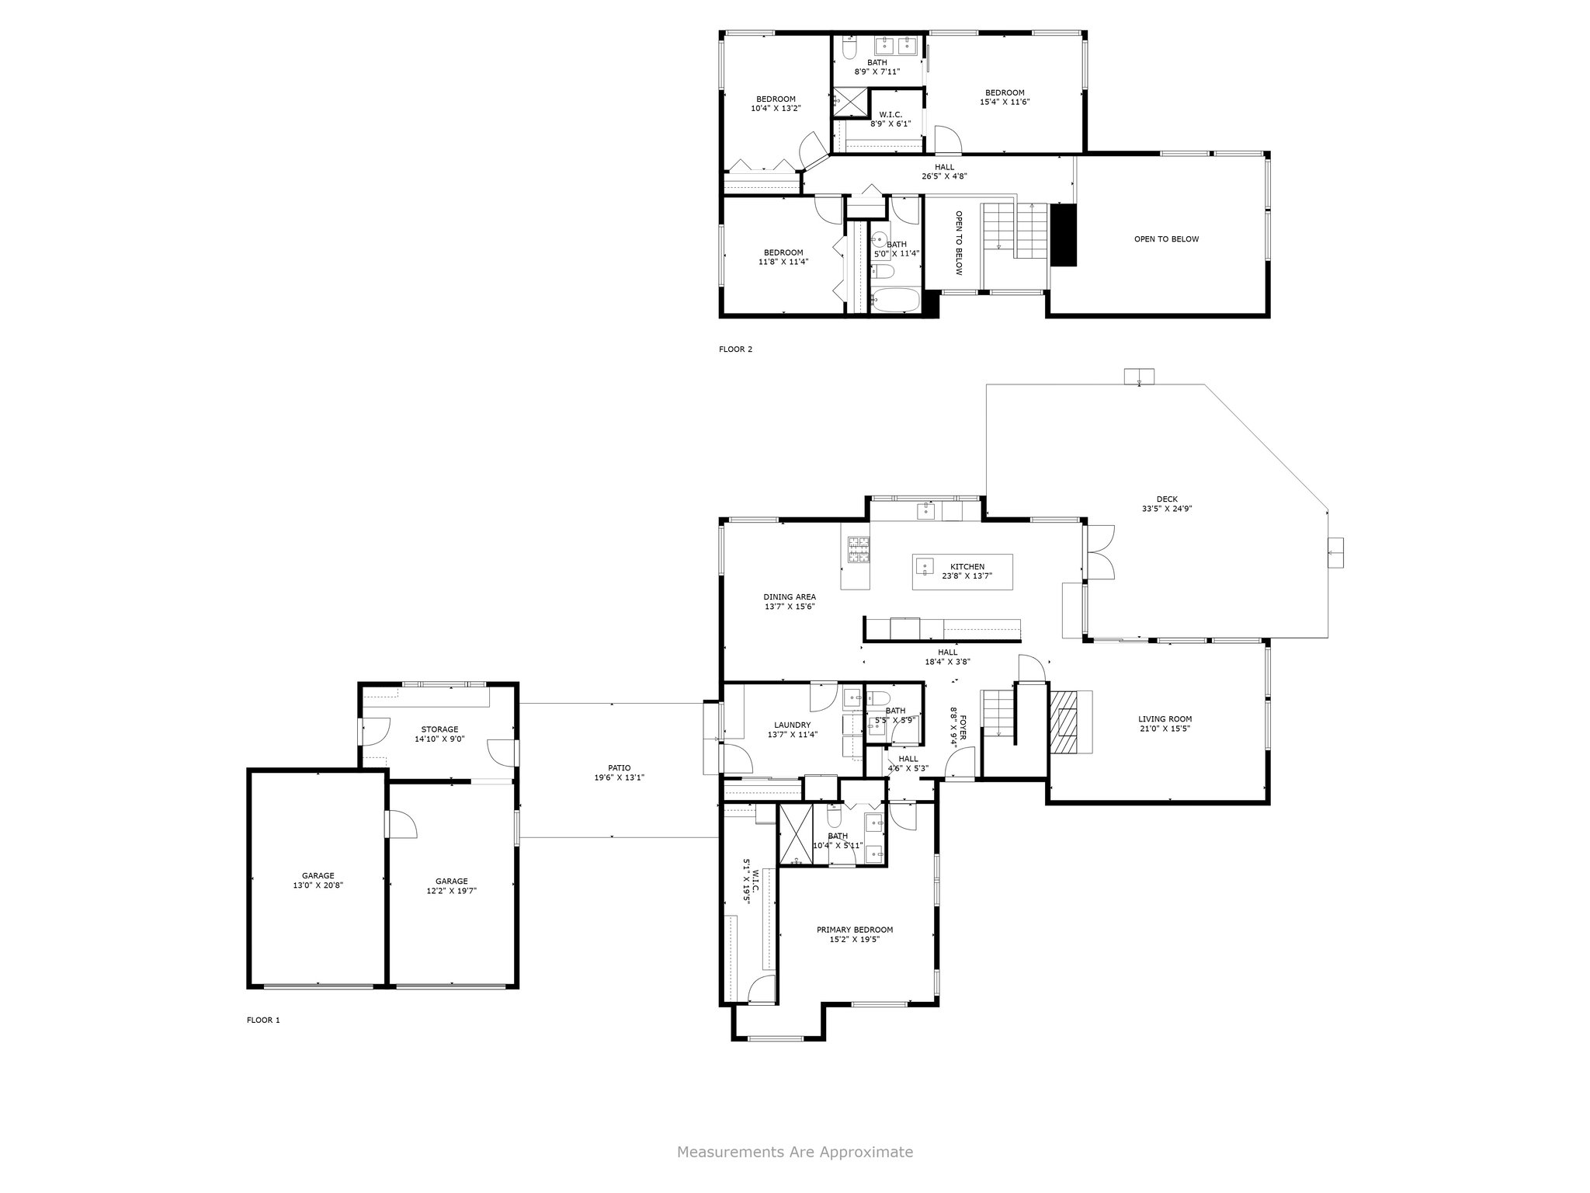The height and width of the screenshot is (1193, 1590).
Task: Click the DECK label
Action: (x=1167, y=499)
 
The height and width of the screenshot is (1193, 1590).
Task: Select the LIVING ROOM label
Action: (x=1165, y=719)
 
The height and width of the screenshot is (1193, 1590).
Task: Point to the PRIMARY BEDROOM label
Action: (x=855, y=930)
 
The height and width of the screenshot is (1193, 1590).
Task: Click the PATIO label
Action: (x=620, y=767)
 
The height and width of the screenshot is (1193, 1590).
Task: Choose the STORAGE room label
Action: (x=439, y=729)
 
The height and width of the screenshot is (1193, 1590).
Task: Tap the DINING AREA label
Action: (x=790, y=597)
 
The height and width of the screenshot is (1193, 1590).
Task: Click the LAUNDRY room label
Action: (x=793, y=725)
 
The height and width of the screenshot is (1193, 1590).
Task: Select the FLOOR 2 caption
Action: (x=736, y=350)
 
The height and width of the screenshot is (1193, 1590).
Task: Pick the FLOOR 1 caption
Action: (x=263, y=1021)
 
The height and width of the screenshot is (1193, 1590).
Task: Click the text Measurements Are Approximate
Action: (x=795, y=1152)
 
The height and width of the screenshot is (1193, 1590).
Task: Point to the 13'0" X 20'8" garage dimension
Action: (x=318, y=885)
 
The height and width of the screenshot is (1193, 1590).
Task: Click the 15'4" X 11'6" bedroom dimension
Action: (x=1005, y=102)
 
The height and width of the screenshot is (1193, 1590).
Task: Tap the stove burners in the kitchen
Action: (x=858, y=550)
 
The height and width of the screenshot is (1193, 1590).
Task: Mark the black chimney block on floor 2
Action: (x=1063, y=235)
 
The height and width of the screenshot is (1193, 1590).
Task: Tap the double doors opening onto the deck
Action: (x=1100, y=551)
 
